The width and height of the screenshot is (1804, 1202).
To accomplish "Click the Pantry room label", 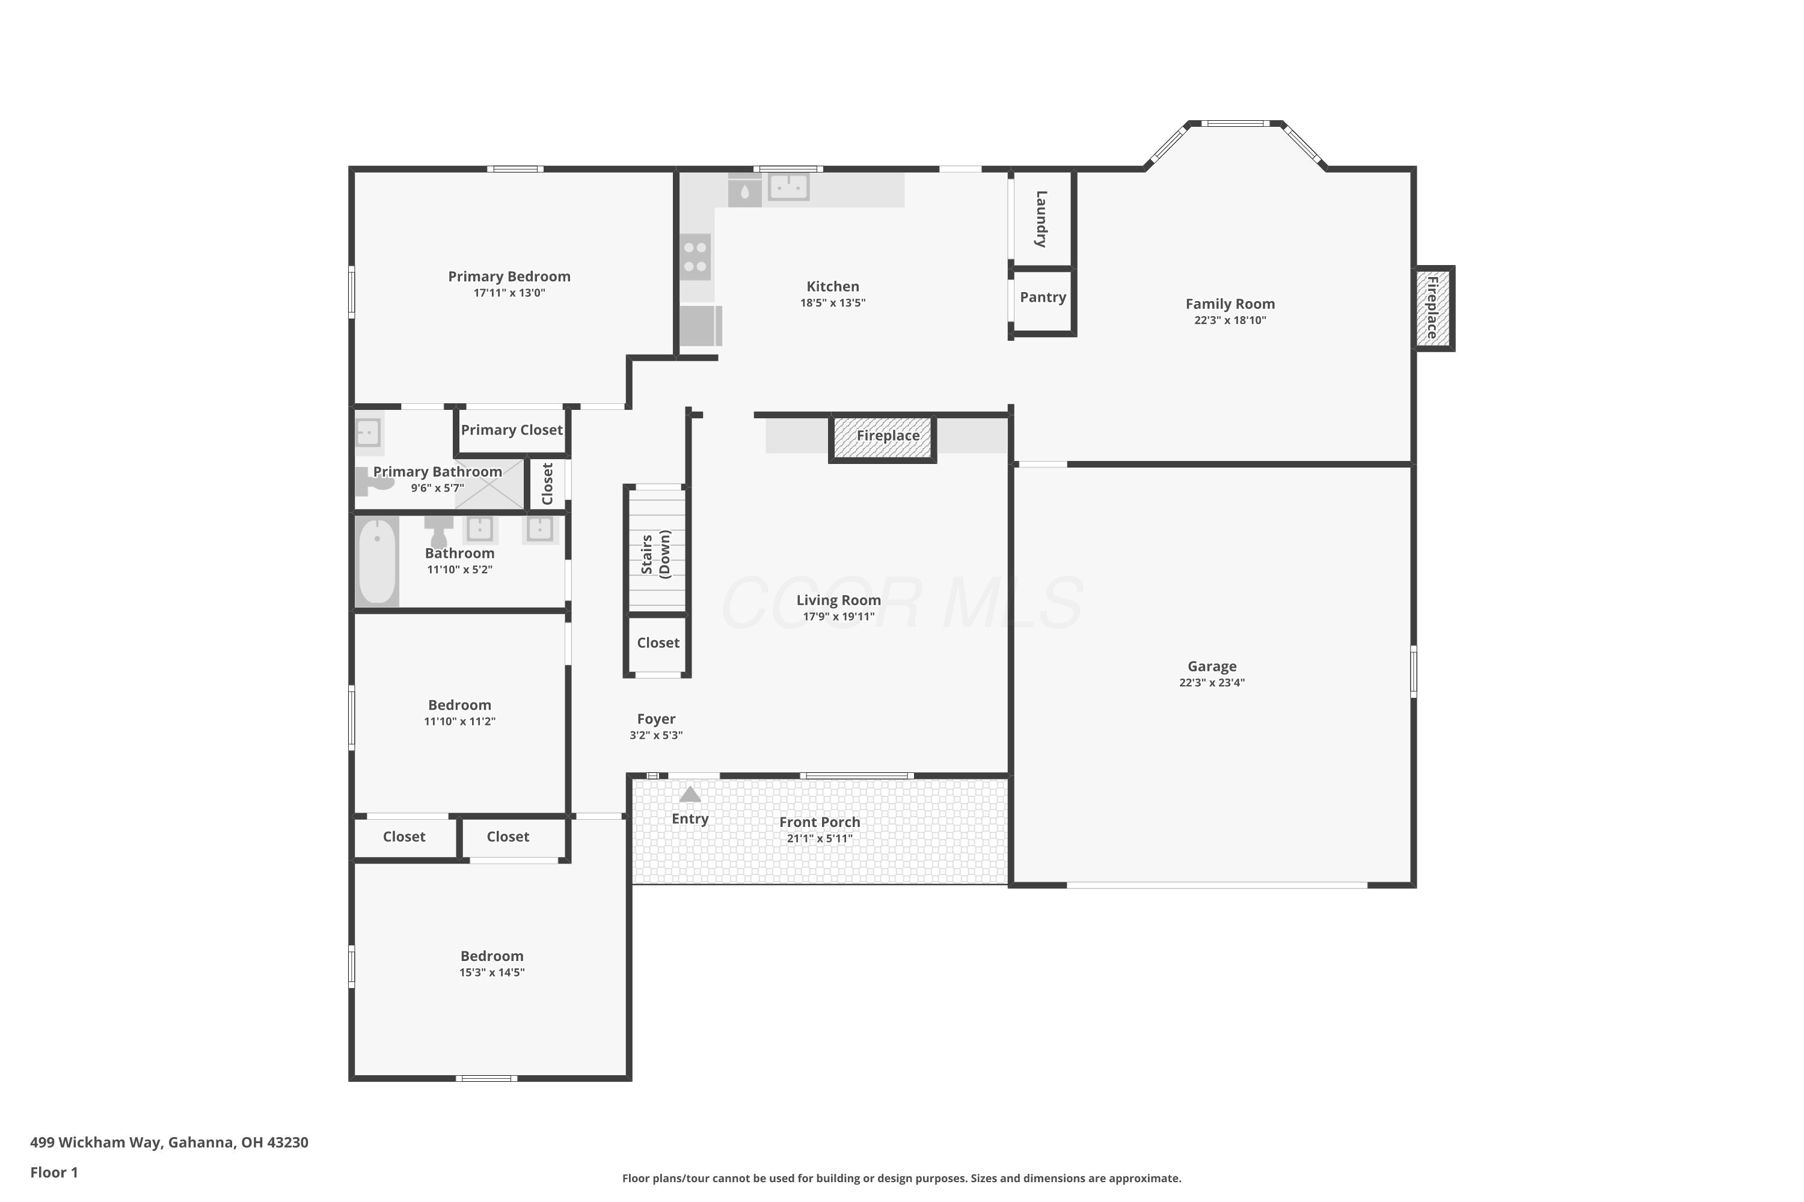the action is pos(1042,297).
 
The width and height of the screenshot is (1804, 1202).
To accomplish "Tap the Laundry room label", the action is pos(1041,219).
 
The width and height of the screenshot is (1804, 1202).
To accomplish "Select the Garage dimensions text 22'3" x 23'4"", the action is pos(1212,683).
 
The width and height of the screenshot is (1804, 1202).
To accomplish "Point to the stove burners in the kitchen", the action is pos(696,257).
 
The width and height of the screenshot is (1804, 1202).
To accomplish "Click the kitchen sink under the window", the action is pos(788,187).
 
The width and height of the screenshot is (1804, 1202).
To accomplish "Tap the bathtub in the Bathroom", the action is pos(376,562).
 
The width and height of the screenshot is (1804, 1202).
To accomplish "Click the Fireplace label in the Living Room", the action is pos(888,435).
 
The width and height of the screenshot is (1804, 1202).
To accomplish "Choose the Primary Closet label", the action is pos(512,430).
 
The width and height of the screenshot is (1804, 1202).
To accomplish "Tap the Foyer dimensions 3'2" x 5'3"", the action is pos(656,736).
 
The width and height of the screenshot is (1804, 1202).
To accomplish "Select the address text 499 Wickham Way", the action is pos(96,1143).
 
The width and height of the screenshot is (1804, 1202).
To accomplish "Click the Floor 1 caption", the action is pos(54,1172).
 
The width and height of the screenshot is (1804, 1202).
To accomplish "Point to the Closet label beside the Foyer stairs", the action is pos(658,643).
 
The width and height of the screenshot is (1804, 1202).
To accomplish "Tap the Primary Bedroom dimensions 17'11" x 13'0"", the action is pos(509,293).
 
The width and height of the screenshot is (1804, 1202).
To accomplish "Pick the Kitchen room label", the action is pos(833,287).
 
